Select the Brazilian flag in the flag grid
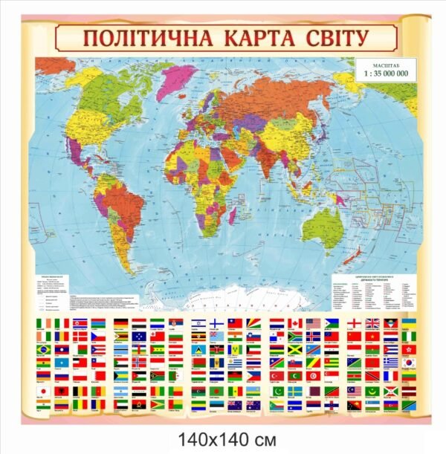(x=43, y=348)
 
